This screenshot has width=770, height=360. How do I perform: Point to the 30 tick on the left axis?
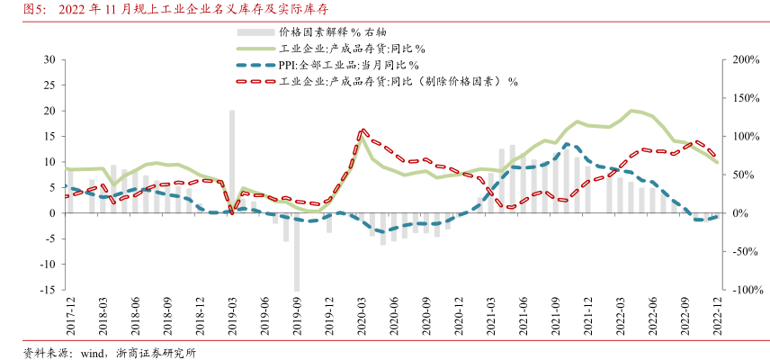(x=50, y=59)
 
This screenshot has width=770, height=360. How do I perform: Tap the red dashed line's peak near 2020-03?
(x=363, y=130)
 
